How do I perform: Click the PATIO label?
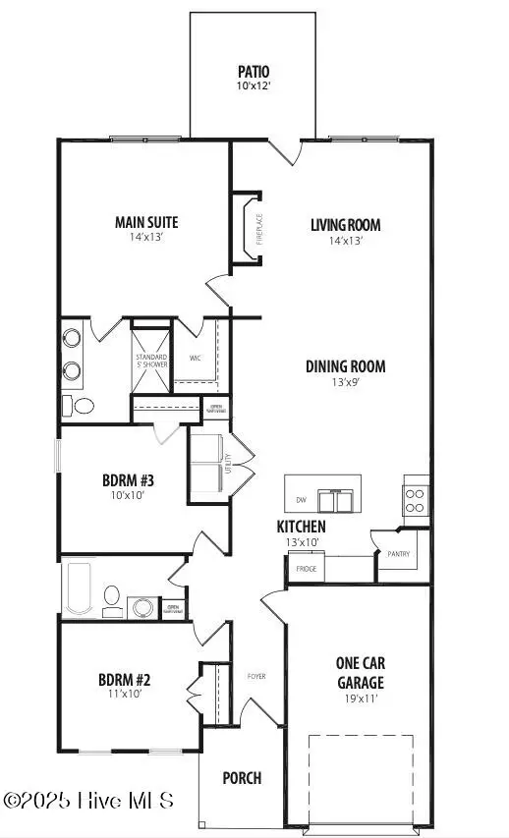[254, 72]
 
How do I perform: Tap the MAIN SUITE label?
[145, 222]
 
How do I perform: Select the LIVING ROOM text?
[345, 225]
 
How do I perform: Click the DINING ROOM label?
[344, 366]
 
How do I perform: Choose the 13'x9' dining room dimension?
[344, 382]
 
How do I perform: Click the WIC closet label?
[208, 359]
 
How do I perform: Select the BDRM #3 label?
[129, 480]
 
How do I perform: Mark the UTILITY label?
[227, 459]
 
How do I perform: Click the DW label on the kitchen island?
[300, 500]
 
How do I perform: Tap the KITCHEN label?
[301, 528]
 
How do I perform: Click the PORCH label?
[242, 778]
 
